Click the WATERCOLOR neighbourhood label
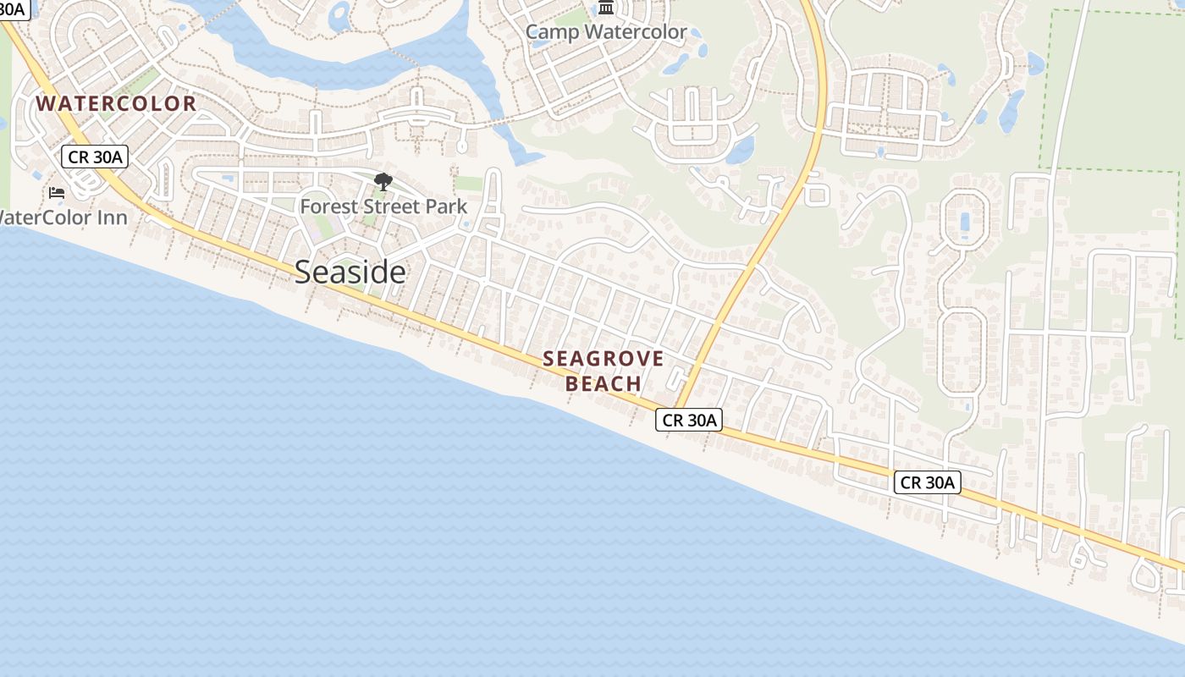pyautogui.click(x=116, y=104)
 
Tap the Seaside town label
pyautogui.click(x=350, y=272)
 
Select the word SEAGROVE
pyautogui.click(x=604, y=359)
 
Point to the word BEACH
pyautogui.click(x=604, y=384)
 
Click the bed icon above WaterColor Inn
pyautogui.click(x=57, y=193)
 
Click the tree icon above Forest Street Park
pyautogui.click(x=383, y=181)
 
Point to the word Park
pyautogui.click(x=449, y=206)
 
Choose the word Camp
pyautogui.click(x=552, y=33)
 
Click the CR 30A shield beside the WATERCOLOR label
pyautogui.click(x=94, y=157)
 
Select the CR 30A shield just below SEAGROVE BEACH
pyautogui.click(x=689, y=420)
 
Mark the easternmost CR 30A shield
pyautogui.click(x=928, y=482)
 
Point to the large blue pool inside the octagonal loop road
pyautogui.click(x=966, y=223)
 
